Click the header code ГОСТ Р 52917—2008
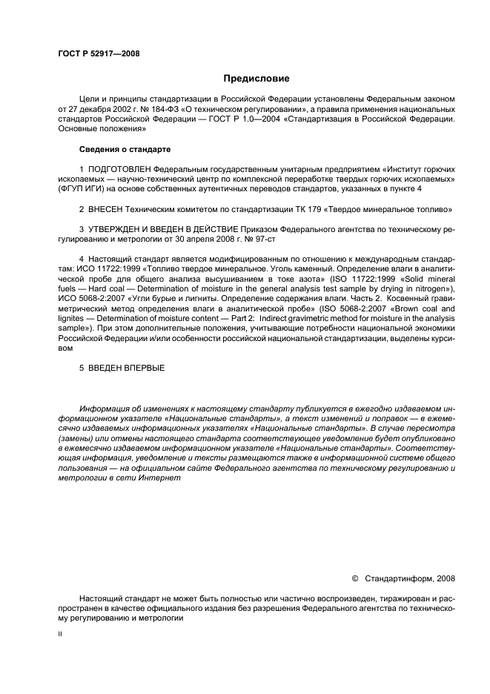[x=99, y=54]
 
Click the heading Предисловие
[x=256, y=79]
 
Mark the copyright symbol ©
[x=354, y=578]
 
